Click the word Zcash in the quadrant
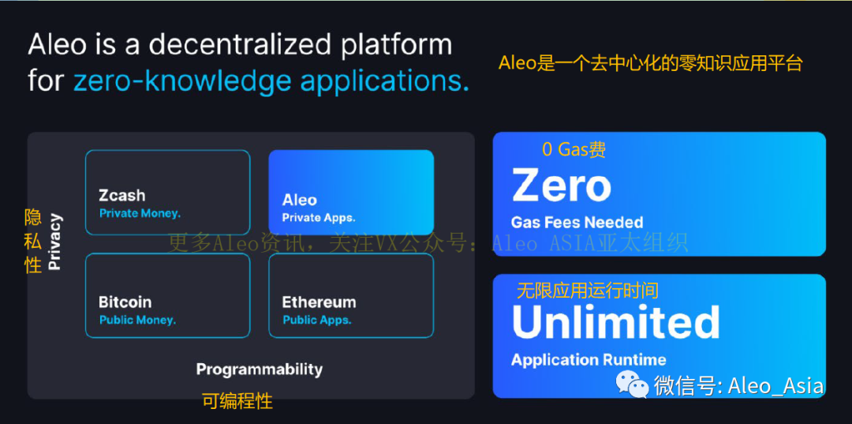(121, 195)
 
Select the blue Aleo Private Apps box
(351, 192)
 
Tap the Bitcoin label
(125, 302)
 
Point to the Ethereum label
(319, 302)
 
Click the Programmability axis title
(259, 369)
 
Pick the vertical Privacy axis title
(54, 242)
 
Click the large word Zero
(561, 186)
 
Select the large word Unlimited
(615, 321)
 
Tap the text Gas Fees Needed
(577, 223)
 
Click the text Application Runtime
(589, 360)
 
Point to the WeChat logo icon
(633, 385)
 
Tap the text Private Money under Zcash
(140, 213)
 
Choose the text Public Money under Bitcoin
(137, 320)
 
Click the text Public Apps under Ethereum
(317, 320)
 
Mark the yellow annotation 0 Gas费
(574, 149)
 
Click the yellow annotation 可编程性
(237, 401)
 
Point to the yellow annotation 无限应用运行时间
(587, 291)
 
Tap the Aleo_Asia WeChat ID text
(775, 385)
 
